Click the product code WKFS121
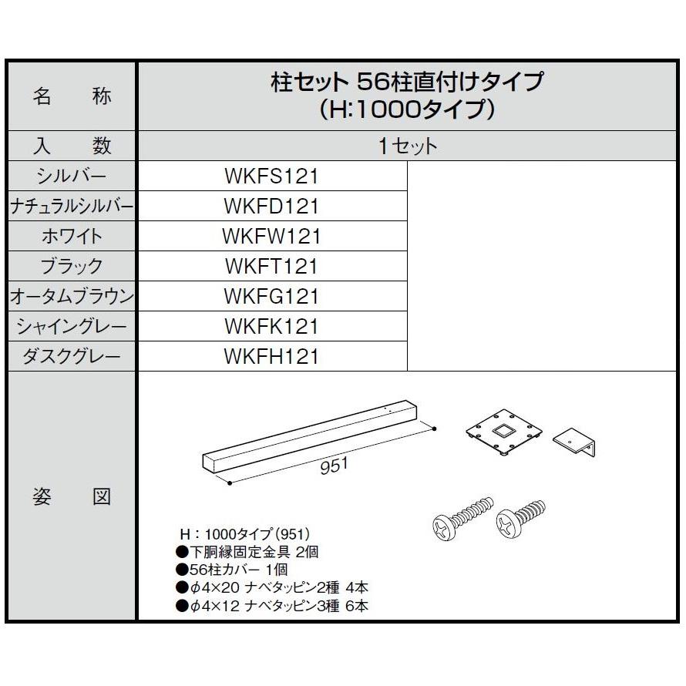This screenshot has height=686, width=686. (x=271, y=177)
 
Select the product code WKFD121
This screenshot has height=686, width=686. (x=271, y=207)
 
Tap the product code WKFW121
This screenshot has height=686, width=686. (x=271, y=237)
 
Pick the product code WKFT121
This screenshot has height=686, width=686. (x=271, y=267)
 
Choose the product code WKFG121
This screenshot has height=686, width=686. (x=271, y=297)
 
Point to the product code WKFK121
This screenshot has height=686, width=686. (x=271, y=327)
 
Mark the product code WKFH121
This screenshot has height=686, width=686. (x=271, y=357)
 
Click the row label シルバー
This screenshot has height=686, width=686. (x=72, y=177)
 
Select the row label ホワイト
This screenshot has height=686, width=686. (x=72, y=237)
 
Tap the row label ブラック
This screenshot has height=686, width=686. (x=72, y=267)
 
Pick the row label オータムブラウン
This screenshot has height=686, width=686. (x=72, y=297)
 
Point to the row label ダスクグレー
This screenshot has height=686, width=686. (x=72, y=357)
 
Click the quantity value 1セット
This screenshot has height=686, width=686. (x=408, y=146)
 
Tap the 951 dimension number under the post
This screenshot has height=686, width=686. (x=334, y=465)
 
